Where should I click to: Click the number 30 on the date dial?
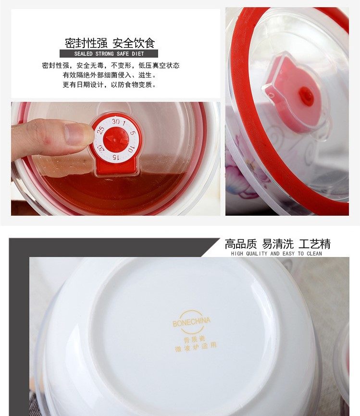point(115,122)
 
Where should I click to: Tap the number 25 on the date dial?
point(100,130)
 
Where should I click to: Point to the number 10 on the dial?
point(131,149)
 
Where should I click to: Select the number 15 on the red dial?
point(115,157)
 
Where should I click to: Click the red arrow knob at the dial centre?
point(115,139)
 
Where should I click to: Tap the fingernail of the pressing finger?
point(79,134)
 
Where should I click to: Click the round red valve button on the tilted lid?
point(307,97)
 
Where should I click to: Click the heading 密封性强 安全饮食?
point(110,43)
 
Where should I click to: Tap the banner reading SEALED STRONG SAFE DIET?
point(109,54)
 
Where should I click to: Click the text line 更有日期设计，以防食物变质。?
point(110,85)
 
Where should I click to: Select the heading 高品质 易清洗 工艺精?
point(277,244)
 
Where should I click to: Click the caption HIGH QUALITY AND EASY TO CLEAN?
point(276,254)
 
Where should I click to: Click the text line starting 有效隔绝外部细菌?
point(110,75)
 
